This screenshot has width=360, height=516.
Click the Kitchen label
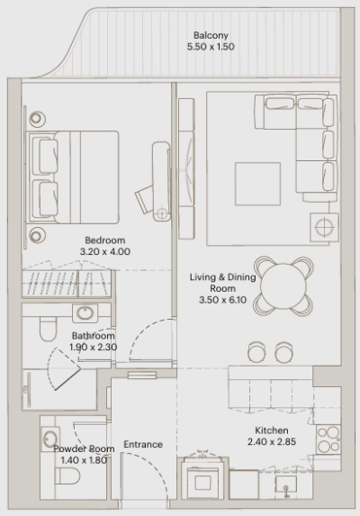(271, 430)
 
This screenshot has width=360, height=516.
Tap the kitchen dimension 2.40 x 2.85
(271, 442)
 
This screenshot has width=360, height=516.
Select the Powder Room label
(83, 448)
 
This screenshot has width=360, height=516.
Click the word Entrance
(143, 444)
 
